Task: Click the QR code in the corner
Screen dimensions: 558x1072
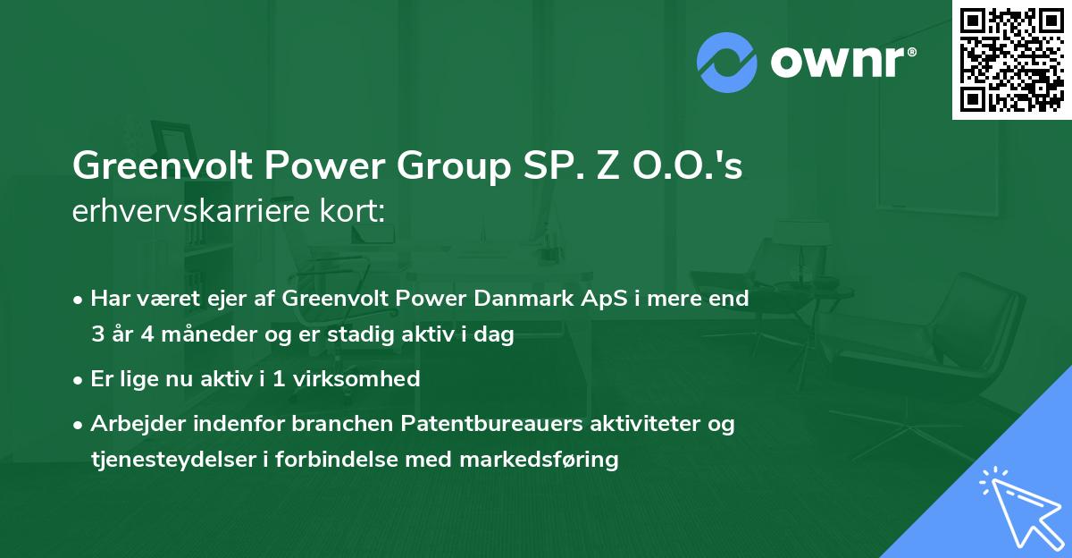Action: (1011, 59)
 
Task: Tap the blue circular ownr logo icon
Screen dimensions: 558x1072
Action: (727, 63)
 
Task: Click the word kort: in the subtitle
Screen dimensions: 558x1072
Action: (356, 213)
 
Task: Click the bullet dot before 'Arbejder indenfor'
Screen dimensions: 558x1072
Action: (79, 425)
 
